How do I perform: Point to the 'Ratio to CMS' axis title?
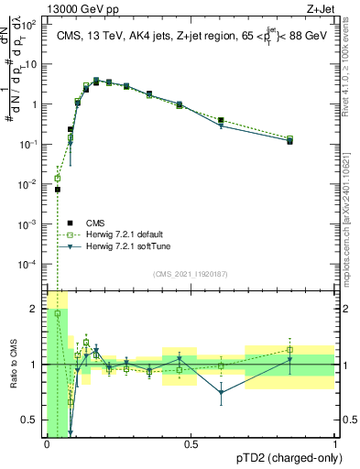point(14,365)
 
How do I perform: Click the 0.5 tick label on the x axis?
point(191,445)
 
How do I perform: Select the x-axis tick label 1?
point(335,445)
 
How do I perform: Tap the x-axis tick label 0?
point(47,445)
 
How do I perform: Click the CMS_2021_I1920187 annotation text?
point(191,273)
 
